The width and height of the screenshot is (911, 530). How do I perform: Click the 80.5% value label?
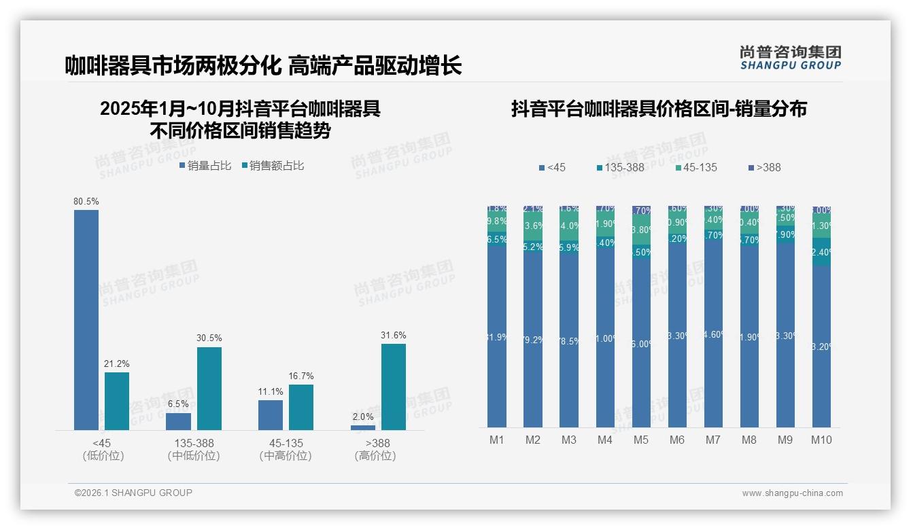click(86, 202)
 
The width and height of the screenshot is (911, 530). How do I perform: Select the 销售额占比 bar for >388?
click(393, 387)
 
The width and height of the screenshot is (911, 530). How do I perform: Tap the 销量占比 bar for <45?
click(86, 319)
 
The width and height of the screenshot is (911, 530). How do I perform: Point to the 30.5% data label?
click(209, 338)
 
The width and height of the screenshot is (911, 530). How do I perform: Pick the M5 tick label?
click(641, 440)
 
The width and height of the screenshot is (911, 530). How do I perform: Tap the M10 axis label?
click(821, 440)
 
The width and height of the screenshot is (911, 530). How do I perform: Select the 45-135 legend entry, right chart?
click(697, 168)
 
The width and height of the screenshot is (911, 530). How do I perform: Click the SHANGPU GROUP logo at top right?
click(790, 58)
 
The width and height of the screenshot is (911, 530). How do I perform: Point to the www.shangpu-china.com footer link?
click(792, 493)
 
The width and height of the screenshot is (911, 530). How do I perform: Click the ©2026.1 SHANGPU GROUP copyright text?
click(133, 493)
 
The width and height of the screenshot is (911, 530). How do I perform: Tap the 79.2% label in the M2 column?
click(533, 340)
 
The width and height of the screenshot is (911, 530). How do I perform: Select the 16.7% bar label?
click(301, 376)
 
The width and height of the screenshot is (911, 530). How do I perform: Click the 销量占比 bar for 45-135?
click(271, 414)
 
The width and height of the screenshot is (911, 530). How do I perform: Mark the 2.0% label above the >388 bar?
click(363, 417)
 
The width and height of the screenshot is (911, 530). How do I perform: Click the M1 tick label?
click(497, 440)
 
